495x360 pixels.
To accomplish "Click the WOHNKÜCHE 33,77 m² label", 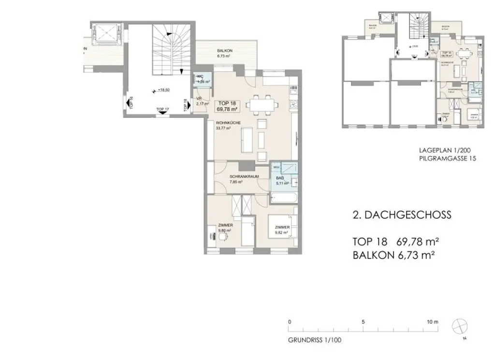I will point(228,126).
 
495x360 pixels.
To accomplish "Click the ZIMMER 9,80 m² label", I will point(226,228).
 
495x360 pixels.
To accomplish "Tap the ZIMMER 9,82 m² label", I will point(282,230).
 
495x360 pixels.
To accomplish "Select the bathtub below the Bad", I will point(283,197).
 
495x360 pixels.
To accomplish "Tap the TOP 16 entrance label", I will point(131,103).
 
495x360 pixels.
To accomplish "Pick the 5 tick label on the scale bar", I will point(363,321).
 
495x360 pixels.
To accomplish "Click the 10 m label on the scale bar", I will point(432,321).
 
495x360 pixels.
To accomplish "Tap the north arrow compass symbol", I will point(459,327).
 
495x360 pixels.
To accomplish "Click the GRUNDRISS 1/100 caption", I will point(315,340).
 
